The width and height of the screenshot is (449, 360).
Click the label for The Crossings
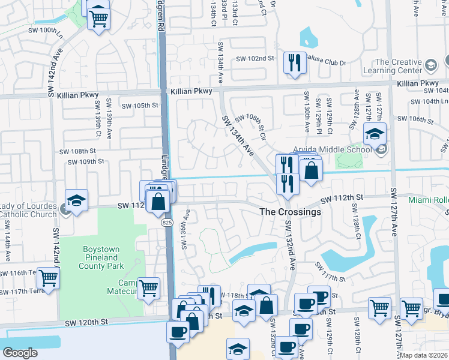tap(290, 212)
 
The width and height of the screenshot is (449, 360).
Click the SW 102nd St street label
tap(255, 59)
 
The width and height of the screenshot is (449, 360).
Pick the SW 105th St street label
tap(139, 106)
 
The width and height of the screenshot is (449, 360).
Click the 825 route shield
tap(167, 223)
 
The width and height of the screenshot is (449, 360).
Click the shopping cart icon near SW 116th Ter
tap(48, 278)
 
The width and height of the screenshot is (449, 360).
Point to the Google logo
tap(20, 353)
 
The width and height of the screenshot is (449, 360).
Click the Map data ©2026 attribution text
tap(423, 355)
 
